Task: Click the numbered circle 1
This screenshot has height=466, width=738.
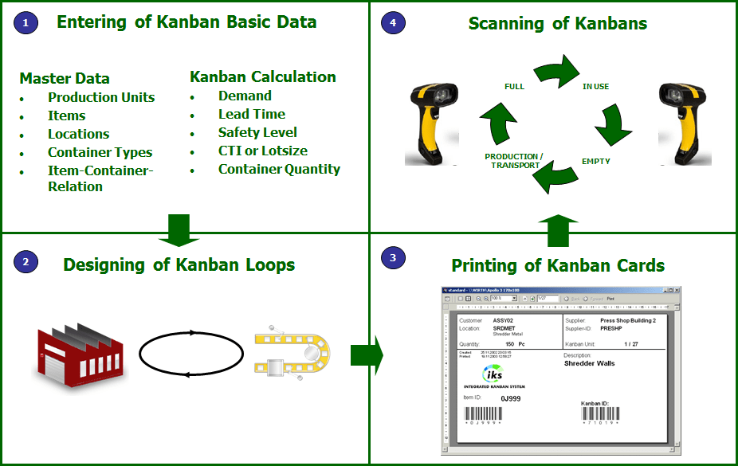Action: (25, 22)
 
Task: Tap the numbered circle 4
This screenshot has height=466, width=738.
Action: (393, 22)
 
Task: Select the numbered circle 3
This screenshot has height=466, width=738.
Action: (393, 257)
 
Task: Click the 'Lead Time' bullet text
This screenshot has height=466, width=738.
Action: (251, 114)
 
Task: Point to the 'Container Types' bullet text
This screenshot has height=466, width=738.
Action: (100, 152)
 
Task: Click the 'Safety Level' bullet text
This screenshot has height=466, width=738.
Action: (257, 132)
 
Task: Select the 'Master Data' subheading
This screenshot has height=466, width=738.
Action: (65, 78)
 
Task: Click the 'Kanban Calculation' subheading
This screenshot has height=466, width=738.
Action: (263, 76)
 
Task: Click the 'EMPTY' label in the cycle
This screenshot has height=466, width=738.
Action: (596, 161)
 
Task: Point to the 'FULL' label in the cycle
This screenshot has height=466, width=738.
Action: (514, 86)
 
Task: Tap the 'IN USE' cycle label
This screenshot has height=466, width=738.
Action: (596, 86)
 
